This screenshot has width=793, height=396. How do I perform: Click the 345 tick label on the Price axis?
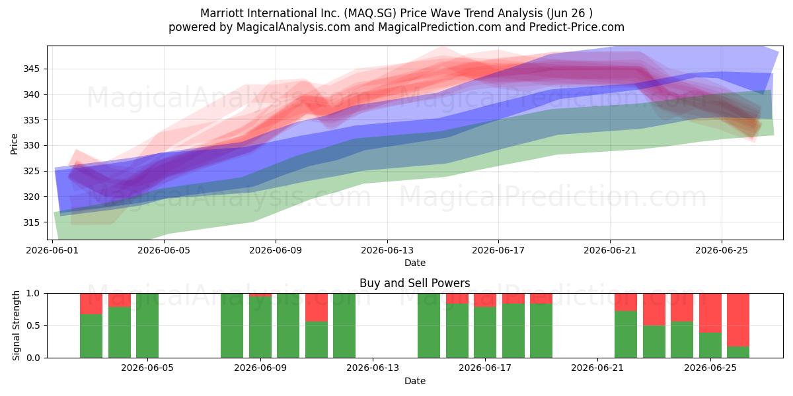click(31, 69)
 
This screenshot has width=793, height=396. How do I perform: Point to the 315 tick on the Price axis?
click(31, 222)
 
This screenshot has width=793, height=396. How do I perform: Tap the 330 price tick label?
click(31, 146)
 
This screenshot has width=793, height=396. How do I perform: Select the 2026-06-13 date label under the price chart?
click(387, 250)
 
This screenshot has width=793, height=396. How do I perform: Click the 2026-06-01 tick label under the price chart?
click(52, 250)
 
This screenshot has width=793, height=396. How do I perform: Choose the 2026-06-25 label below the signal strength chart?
click(710, 368)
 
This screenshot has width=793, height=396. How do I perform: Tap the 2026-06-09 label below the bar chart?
click(260, 368)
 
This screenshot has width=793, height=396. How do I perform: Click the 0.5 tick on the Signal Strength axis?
click(33, 325)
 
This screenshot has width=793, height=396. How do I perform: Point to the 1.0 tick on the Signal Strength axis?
click(33, 294)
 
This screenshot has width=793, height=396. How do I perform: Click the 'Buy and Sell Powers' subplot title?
click(414, 283)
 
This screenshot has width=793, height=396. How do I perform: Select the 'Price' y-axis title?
click(14, 144)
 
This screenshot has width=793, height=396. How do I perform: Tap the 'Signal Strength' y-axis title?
click(16, 325)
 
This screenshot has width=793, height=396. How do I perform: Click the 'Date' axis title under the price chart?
click(415, 263)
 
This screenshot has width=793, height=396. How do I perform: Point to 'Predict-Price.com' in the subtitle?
click(577, 27)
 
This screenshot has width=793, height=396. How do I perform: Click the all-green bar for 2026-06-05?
click(147, 325)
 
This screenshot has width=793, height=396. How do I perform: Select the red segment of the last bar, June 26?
click(738, 320)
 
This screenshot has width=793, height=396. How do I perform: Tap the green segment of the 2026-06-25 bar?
click(710, 345)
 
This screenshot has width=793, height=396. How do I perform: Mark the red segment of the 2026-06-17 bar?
click(485, 300)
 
